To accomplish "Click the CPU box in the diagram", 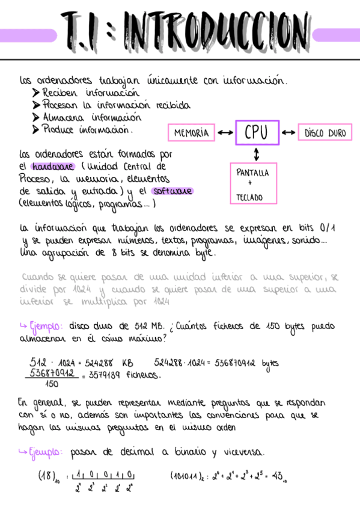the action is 257,132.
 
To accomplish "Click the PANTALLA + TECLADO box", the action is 252,184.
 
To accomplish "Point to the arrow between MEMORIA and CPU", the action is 226,133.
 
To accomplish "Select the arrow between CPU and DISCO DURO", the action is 289,133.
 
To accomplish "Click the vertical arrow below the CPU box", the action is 257,154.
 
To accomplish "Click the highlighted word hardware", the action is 53,166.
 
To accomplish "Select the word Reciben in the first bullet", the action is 62,93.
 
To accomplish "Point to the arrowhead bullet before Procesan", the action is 35,105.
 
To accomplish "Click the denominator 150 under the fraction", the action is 52,384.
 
